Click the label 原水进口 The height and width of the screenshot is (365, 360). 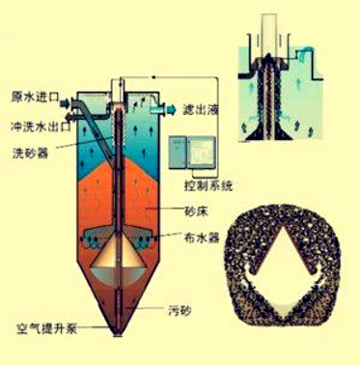(36, 98)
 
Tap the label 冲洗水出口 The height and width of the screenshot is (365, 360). (41, 126)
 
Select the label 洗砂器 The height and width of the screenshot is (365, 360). (31, 153)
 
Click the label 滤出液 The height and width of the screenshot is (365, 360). (201, 109)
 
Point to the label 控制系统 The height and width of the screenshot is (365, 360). (208, 185)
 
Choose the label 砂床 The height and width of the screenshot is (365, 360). (196, 211)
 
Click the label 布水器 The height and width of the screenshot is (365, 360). (202, 238)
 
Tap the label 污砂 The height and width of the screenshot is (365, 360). (180, 311)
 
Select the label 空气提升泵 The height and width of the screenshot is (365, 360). (46, 329)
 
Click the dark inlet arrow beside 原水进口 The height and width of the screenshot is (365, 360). (65, 103)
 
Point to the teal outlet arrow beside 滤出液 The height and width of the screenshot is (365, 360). (172, 109)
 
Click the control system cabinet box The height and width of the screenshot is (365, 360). (192, 152)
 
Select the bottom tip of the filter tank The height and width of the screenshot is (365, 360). (118, 336)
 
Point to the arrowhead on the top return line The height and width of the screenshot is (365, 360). (153, 77)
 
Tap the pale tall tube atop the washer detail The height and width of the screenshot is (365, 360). (268, 35)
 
